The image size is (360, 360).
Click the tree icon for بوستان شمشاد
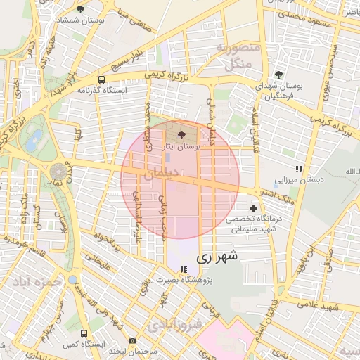click(x=80, y=10)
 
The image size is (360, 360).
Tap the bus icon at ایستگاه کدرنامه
click(x=102, y=79)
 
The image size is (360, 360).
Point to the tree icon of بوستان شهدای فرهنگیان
click(x=279, y=75)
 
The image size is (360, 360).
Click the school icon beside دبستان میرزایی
click(x=299, y=169)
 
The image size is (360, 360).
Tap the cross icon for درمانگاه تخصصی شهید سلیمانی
click(x=253, y=209)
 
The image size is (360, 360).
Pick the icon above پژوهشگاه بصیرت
click(x=184, y=269)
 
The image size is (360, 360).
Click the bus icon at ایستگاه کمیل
click(x=84, y=333)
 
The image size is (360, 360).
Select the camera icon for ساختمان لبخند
click(x=132, y=340)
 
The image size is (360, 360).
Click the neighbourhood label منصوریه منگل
click(x=238, y=57)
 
